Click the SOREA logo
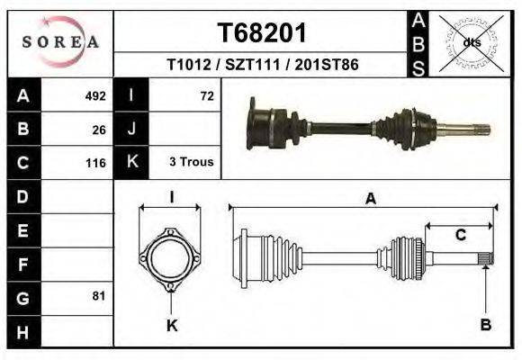[60, 42]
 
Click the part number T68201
[263, 33]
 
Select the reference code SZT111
[263, 66]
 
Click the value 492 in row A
[95, 95]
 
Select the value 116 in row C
[95, 163]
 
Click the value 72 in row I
[206, 95]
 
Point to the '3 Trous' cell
[191, 163]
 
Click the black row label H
[23, 330]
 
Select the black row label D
[23, 196]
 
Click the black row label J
[131, 129]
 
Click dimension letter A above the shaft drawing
[370, 200]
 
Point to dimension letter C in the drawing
[460, 236]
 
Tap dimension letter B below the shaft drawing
[485, 325]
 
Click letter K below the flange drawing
[171, 325]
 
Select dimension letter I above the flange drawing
[171, 197]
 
